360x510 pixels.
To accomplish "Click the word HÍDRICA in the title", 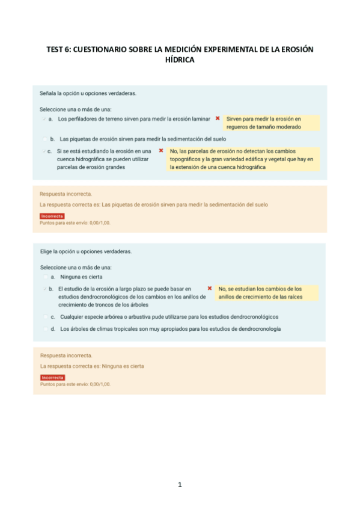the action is (x=180, y=60).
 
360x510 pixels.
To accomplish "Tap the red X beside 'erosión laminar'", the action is (x=217, y=118).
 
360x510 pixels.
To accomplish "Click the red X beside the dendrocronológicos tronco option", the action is (x=209, y=289).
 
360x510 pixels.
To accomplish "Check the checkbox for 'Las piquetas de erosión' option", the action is (x=45, y=138).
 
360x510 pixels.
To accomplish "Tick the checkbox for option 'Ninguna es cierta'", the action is (x=45, y=277).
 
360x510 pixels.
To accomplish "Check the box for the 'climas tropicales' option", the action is (x=45, y=329).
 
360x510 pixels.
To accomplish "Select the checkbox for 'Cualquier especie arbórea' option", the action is (x=45, y=316).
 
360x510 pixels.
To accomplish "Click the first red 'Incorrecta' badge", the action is (x=52, y=216).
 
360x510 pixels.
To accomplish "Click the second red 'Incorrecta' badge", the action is (x=52, y=377).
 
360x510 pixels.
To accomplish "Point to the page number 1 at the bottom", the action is (x=180, y=485).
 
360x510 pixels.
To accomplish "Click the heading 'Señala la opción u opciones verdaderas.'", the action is (x=88, y=94).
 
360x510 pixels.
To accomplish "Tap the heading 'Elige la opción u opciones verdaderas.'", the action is (x=86, y=251).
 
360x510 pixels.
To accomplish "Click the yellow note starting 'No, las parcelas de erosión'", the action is (x=243, y=159).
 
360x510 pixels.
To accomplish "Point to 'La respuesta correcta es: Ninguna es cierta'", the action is (x=92, y=366).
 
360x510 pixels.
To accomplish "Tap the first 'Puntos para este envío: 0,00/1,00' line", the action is (x=75, y=223).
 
